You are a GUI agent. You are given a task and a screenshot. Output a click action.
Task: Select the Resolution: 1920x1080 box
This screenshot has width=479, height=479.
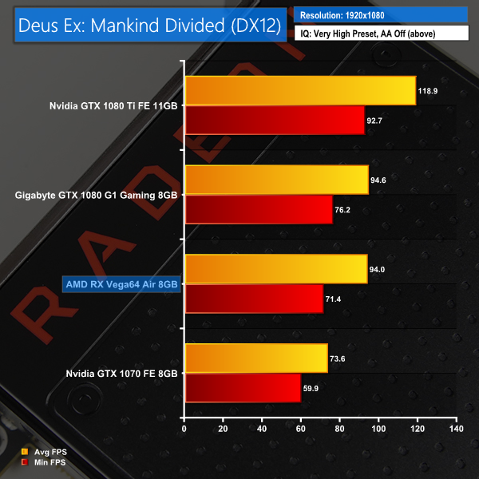click(382, 15)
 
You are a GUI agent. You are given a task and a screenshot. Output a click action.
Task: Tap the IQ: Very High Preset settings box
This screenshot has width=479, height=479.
click(382, 34)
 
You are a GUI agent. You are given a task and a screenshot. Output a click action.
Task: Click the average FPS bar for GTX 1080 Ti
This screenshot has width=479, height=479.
click(299, 90)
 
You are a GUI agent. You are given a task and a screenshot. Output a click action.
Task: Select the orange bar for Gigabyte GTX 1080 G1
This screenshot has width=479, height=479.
click(276, 180)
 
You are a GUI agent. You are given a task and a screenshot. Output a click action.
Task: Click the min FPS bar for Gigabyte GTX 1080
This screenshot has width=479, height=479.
click(258, 209)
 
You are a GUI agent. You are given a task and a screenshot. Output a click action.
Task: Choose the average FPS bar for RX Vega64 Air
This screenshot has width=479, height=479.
click(275, 269)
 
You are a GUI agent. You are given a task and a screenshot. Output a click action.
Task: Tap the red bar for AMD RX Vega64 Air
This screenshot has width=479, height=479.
click(253, 299)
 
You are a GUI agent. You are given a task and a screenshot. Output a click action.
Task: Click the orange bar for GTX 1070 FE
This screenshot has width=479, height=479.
click(255, 358)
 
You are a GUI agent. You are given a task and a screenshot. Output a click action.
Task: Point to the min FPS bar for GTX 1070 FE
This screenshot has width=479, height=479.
click(242, 388)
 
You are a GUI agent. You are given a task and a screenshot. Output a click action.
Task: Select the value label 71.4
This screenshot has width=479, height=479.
click(335, 299)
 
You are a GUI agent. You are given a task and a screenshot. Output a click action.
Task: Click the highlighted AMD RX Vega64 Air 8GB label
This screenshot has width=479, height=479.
click(120, 283)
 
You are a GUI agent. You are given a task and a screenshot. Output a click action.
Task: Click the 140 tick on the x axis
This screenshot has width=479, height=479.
click(456, 430)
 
